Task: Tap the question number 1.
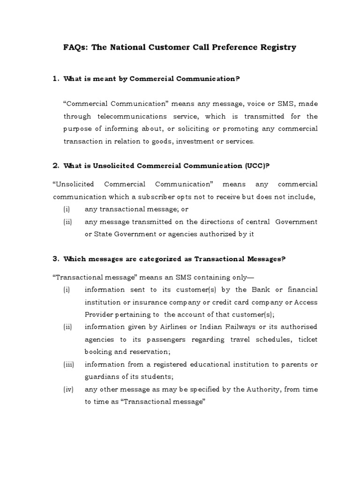pyautogui.click(x=55, y=79)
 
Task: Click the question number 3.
pyautogui.click(x=55, y=259)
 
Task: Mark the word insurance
pyautogui.click(x=136, y=302)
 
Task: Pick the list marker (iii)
pyautogui.click(x=67, y=364)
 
